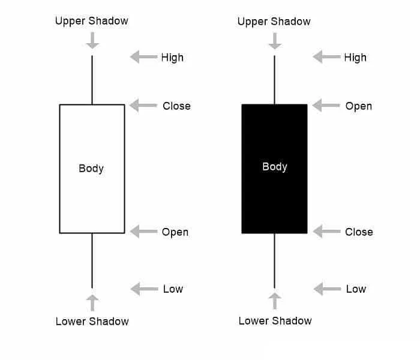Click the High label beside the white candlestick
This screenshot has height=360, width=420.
point(172,58)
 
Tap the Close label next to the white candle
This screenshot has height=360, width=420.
point(177,106)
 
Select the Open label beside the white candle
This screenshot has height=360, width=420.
point(175,232)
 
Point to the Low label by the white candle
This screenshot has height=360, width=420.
point(173,289)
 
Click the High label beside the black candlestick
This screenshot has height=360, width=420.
point(355,58)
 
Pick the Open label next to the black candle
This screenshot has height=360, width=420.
point(359,106)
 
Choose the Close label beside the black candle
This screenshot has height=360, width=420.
point(359,232)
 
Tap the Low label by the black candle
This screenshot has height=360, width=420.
point(356,289)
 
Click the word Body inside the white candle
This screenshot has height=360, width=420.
point(91,169)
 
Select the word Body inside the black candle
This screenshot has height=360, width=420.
point(275,167)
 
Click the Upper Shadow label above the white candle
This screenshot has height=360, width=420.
point(92,21)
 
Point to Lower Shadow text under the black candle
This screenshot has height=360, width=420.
point(275,321)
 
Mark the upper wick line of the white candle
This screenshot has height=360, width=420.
point(92,80)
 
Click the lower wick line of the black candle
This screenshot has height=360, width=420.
point(275,260)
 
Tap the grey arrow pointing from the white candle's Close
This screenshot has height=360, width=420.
point(143,105)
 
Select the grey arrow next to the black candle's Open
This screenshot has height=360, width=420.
point(326,105)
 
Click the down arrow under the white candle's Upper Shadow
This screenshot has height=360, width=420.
point(92,40)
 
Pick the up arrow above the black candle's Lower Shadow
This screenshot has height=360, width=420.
point(275,301)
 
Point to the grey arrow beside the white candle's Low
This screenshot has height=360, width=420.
point(145,289)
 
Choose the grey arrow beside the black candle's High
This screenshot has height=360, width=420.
point(327,57)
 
